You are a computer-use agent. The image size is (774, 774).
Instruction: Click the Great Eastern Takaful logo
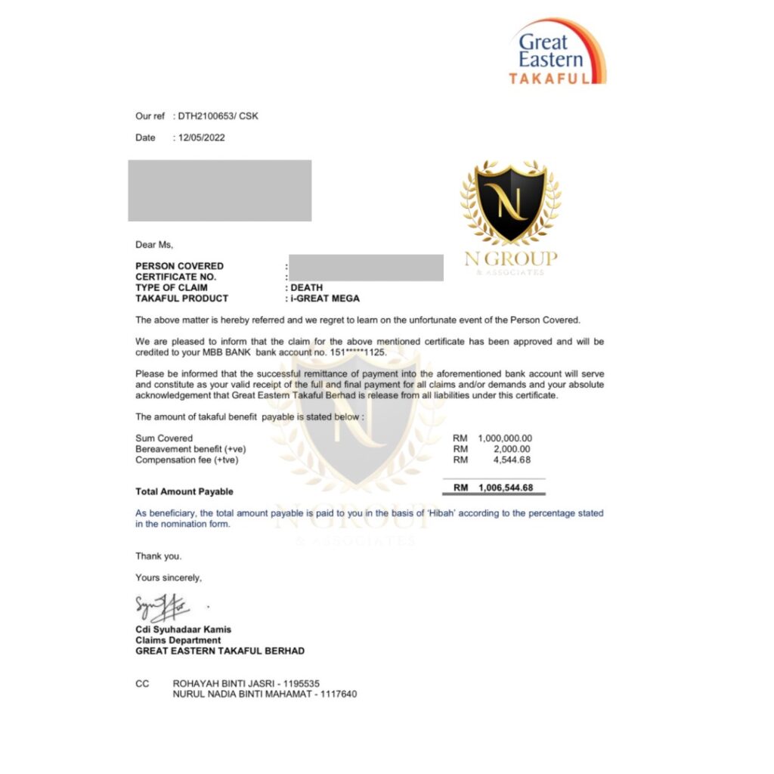pos(557,51)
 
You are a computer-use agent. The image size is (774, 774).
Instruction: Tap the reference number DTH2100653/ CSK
pos(219,116)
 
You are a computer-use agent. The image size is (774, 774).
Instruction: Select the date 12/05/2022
pos(202,138)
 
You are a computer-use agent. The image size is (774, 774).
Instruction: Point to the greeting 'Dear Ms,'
pos(154,244)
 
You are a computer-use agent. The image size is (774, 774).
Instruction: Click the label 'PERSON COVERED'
pos(179,266)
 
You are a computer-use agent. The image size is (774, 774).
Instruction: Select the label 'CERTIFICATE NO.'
pos(175,277)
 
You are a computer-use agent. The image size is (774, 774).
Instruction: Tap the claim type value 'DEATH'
pos(307,287)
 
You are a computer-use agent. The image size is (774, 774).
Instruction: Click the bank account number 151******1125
pos(356,352)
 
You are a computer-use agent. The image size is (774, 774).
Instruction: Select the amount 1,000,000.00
pos(504,438)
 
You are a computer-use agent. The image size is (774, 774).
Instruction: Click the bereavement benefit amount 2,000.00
pos(513,448)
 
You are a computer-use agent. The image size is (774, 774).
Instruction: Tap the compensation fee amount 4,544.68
pos(513,460)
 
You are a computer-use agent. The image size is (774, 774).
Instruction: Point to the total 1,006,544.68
pos(504,488)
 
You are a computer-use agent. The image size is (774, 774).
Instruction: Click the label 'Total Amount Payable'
pos(184,491)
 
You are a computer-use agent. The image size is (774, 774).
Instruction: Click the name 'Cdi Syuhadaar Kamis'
pos(183,629)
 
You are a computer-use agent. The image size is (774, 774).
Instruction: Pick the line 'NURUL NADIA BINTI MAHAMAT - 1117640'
pos(265,693)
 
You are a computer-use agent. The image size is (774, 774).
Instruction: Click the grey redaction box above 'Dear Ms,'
pos(219,190)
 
